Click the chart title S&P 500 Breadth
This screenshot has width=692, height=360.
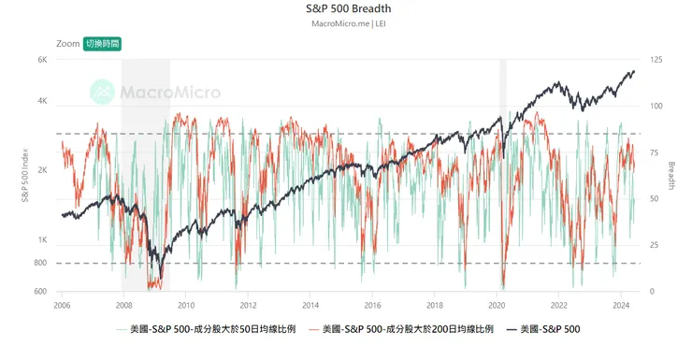click(x=347, y=8)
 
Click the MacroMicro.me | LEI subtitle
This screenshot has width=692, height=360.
click(x=347, y=23)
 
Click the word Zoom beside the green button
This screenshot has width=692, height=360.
click(x=67, y=43)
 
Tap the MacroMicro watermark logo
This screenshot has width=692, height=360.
click(x=155, y=92)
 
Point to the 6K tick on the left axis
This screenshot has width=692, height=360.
click(x=42, y=60)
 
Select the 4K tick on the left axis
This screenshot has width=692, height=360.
click(x=42, y=101)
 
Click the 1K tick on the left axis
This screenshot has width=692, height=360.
click(x=42, y=240)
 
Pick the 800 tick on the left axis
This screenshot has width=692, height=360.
click(x=41, y=263)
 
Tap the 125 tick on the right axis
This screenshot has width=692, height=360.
click(x=656, y=60)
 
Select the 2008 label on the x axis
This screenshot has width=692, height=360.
click(x=124, y=306)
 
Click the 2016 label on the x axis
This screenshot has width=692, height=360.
click(x=372, y=306)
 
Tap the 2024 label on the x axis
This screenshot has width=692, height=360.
click(x=621, y=306)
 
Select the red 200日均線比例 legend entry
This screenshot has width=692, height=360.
click(x=401, y=329)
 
